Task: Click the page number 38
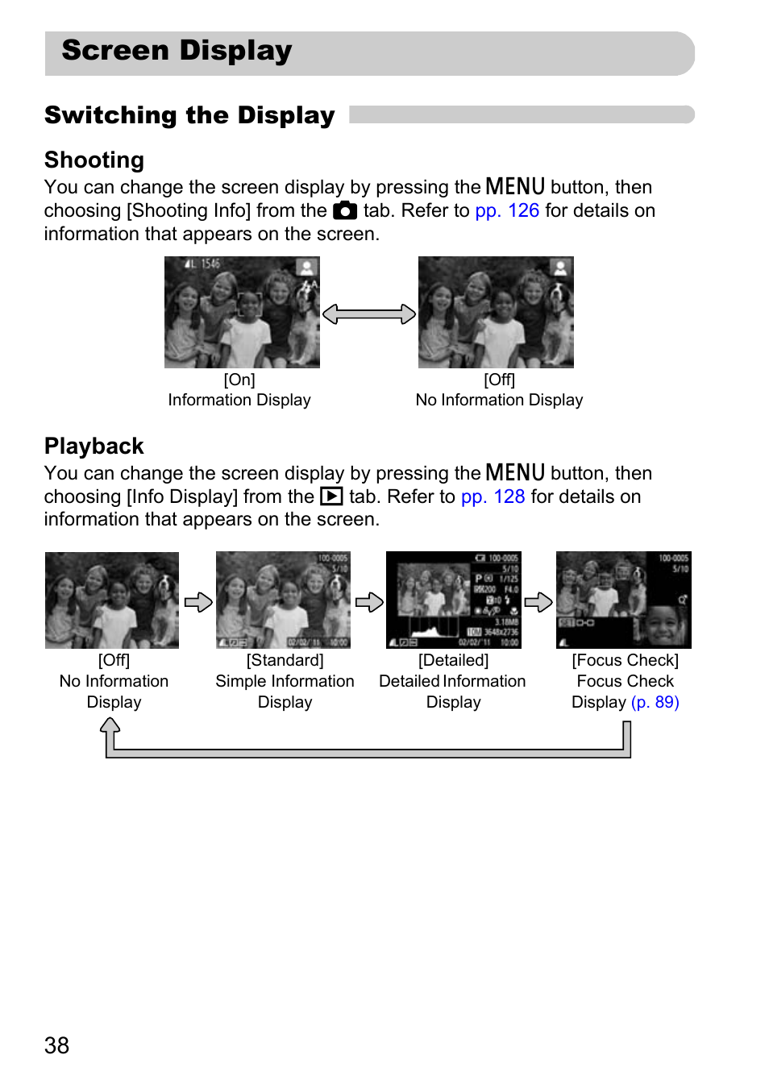click(x=56, y=1045)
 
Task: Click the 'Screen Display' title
click(x=177, y=51)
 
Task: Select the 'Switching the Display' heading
click(x=189, y=115)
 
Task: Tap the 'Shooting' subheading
click(x=94, y=160)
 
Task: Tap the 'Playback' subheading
click(x=94, y=446)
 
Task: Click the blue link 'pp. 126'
click(x=507, y=210)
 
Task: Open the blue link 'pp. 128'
click(x=493, y=496)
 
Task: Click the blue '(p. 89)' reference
click(x=655, y=702)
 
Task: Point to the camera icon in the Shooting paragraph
click(x=345, y=211)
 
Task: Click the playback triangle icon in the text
click(x=331, y=496)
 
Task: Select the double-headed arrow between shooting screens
click(x=369, y=314)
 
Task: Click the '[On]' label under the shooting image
click(x=239, y=380)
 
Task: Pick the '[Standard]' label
click(x=285, y=660)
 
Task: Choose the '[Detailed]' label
click(x=453, y=660)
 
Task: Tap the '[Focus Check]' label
click(x=625, y=660)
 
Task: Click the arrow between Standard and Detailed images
click(x=368, y=602)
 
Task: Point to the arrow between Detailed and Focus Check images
click(x=538, y=602)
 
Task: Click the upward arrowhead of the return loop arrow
click(x=110, y=726)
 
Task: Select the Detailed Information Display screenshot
click(x=453, y=600)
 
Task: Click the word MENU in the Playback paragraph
click(x=515, y=472)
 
